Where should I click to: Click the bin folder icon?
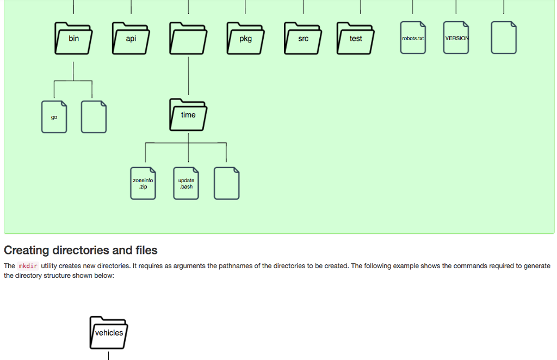(x=73, y=39)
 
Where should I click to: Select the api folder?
(x=131, y=39)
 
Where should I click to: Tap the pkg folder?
(x=245, y=39)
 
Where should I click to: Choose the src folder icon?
(x=303, y=39)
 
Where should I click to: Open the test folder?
(x=356, y=39)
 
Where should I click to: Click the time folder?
(x=188, y=115)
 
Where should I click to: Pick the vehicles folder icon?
(x=109, y=333)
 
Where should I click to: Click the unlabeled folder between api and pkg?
(x=188, y=39)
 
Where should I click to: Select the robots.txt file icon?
(x=413, y=38)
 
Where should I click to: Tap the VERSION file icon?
(x=456, y=38)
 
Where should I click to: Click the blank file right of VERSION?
(x=504, y=38)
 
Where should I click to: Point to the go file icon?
(x=54, y=117)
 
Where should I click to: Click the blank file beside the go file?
(x=94, y=117)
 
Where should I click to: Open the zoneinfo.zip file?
(x=143, y=183)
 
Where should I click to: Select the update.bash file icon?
(x=186, y=183)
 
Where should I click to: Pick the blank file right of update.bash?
(x=227, y=183)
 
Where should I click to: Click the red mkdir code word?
(x=28, y=266)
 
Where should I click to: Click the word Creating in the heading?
(x=27, y=250)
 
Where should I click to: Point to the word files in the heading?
(x=146, y=250)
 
